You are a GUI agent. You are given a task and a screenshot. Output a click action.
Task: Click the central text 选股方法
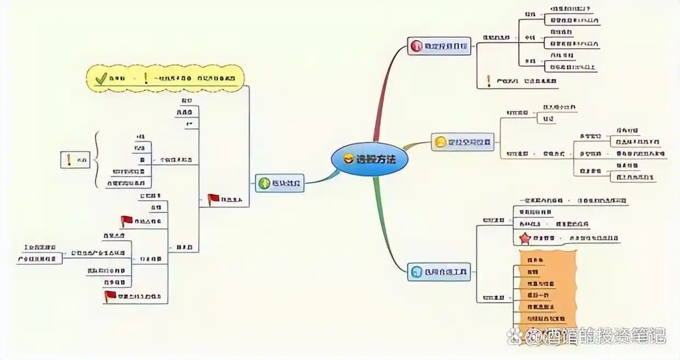pyautogui.click(x=375, y=160)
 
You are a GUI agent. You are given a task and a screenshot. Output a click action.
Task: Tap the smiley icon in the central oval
pyautogui.click(x=348, y=159)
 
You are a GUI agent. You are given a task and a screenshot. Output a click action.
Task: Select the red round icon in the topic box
pyautogui.click(x=416, y=46)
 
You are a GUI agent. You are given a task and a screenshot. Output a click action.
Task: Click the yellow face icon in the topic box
pyautogui.click(x=440, y=142)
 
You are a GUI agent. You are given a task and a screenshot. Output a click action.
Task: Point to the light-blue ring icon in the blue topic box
pyautogui.click(x=416, y=271)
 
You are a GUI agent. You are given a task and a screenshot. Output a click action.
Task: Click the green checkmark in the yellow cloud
pyautogui.click(x=101, y=79)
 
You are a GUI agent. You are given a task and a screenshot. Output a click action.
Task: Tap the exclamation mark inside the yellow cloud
pyautogui.click(x=146, y=78)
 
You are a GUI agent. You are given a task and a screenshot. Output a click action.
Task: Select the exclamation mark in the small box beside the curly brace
pyautogui.click(x=69, y=160)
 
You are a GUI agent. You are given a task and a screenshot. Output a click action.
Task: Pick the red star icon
pyautogui.click(x=525, y=239)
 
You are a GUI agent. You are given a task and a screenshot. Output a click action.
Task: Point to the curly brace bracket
pyautogui.click(x=96, y=160)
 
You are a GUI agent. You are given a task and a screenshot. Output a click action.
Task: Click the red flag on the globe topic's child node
pyautogui.click(x=213, y=199)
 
